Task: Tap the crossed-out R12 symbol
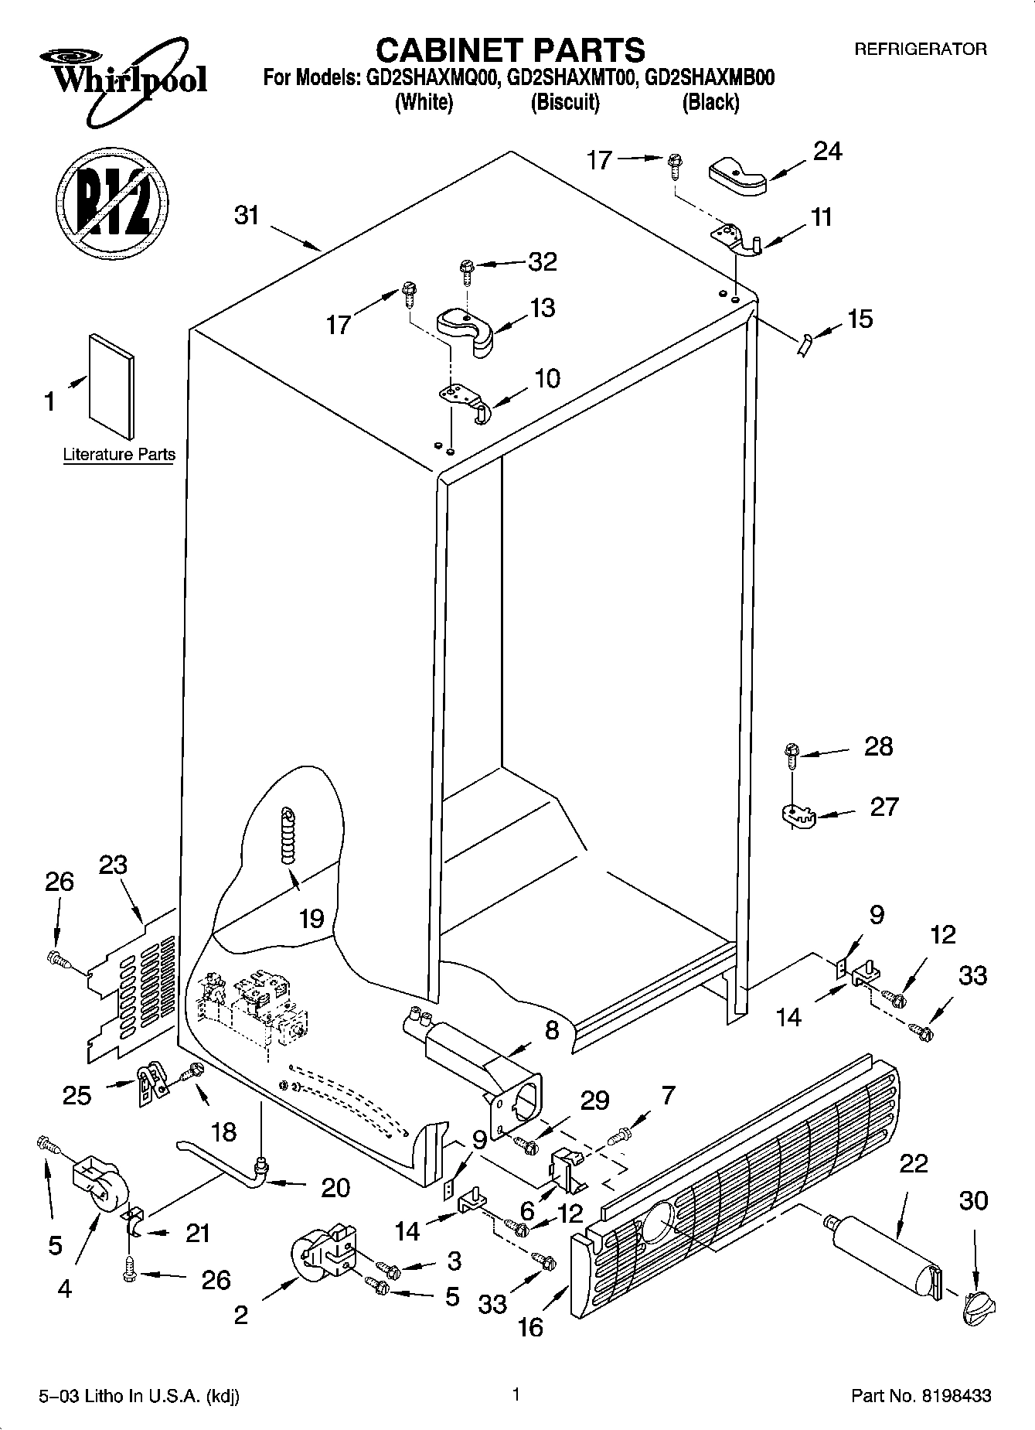click(x=112, y=200)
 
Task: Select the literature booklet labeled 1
click(x=111, y=386)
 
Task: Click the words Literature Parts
click(x=119, y=455)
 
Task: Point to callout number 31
click(x=247, y=215)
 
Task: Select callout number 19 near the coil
click(x=312, y=919)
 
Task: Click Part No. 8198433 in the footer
click(x=921, y=1396)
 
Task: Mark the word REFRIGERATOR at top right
click(x=920, y=49)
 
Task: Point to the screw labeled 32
click(x=467, y=268)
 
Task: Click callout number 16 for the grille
click(x=530, y=1327)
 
